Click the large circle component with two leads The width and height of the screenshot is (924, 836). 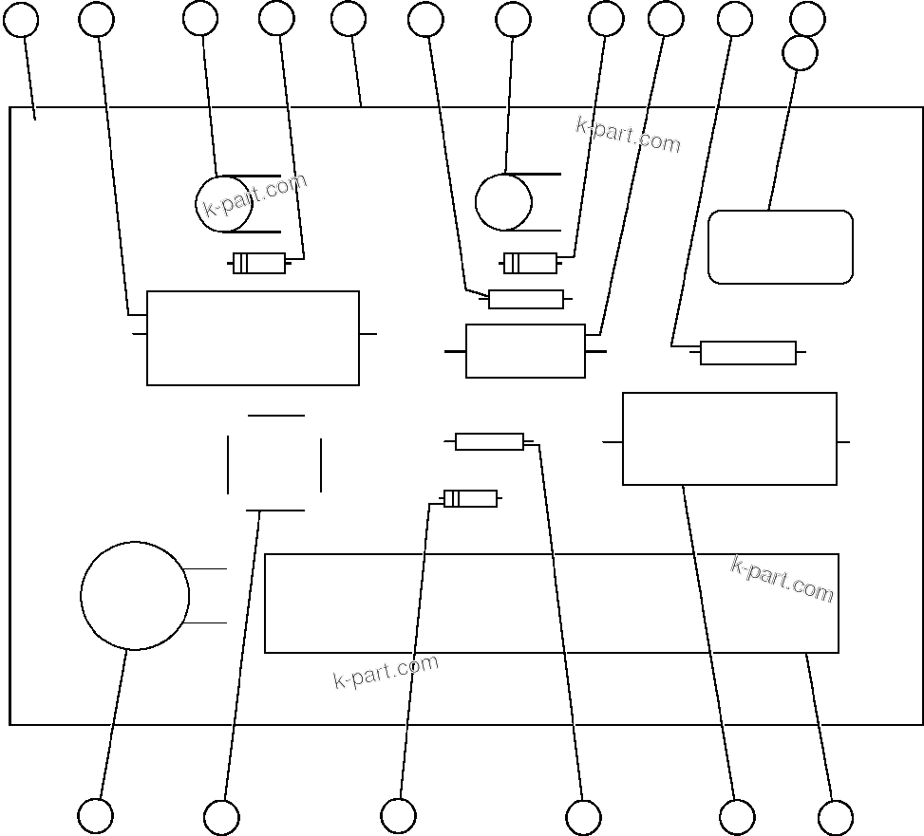(x=135, y=596)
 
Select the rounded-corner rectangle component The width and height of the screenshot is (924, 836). (x=781, y=247)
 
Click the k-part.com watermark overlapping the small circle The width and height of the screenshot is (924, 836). (x=255, y=195)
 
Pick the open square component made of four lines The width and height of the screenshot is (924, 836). (x=274, y=463)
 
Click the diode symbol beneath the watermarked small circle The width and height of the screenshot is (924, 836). (x=259, y=264)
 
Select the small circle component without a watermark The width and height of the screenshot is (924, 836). (x=503, y=202)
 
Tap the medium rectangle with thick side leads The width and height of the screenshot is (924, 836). (x=525, y=351)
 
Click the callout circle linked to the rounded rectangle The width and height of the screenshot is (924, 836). (x=800, y=53)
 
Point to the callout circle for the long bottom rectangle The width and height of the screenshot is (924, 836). (x=836, y=817)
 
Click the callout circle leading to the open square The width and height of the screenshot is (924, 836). (x=221, y=817)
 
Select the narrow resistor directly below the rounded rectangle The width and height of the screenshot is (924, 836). (x=748, y=353)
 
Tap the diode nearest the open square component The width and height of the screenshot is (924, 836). (x=470, y=498)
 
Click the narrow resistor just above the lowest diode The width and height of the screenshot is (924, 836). (x=489, y=441)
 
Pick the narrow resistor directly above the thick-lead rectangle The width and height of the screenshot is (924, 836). (x=525, y=299)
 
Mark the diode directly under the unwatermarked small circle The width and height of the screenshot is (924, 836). (x=530, y=263)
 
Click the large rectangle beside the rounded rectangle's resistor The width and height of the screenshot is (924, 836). (x=729, y=438)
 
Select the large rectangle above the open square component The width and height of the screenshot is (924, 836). (x=253, y=338)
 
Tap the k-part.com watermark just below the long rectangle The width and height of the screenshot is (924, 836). (x=386, y=671)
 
